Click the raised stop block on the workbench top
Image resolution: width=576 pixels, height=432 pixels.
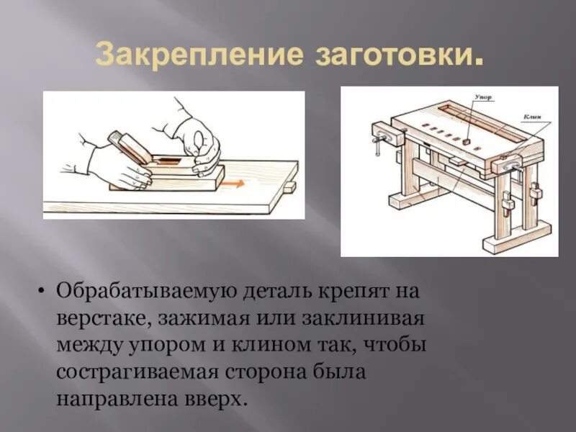467,143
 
